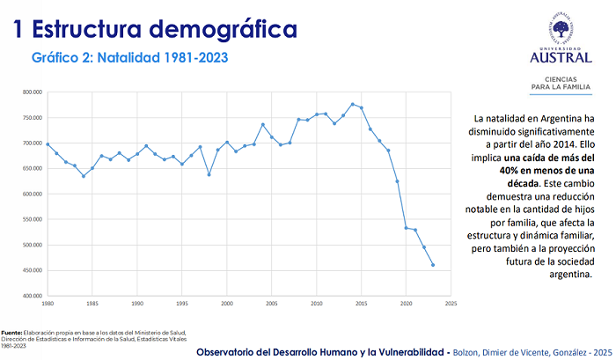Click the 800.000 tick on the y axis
(33, 92)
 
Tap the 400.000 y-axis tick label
(33, 297)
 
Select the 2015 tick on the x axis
(361, 304)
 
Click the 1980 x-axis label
(48, 304)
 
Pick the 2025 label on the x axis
(451, 304)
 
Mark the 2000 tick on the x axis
(227, 304)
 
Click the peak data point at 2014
(352, 104)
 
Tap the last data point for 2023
(433, 265)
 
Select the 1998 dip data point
(209, 174)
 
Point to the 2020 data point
(406, 228)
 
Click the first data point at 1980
(48, 144)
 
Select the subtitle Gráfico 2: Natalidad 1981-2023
(129, 58)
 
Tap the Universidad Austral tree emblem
(560, 28)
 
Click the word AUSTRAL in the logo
(560, 58)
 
